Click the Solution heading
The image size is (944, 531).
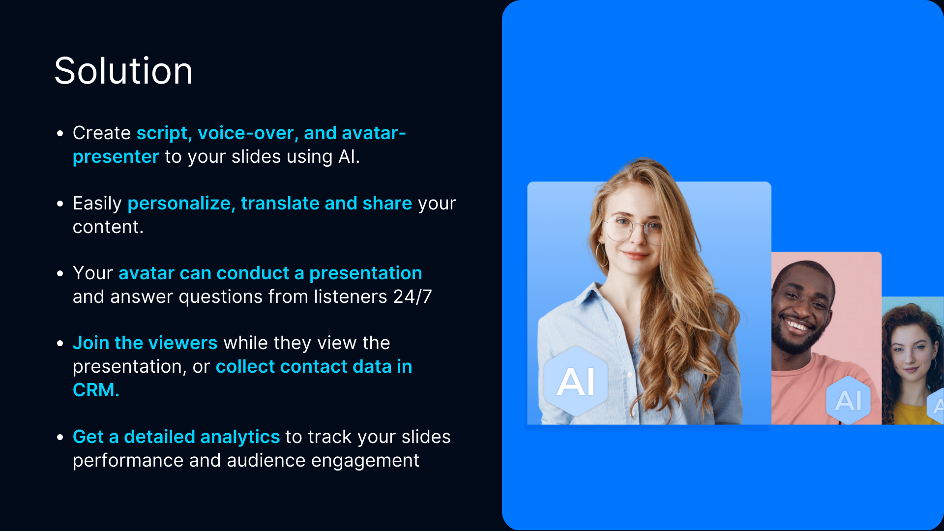[x=123, y=71]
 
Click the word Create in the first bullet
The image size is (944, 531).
[x=102, y=133]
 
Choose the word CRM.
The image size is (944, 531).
[x=96, y=390]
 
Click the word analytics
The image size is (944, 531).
[x=240, y=437]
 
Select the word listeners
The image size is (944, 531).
[x=351, y=296]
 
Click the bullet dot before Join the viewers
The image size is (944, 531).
[x=60, y=343]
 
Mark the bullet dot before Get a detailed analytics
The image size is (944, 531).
[x=60, y=437]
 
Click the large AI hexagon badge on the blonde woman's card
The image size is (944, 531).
[x=576, y=382]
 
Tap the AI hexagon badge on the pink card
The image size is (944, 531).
[x=849, y=400]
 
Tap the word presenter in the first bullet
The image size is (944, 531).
[x=116, y=157]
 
